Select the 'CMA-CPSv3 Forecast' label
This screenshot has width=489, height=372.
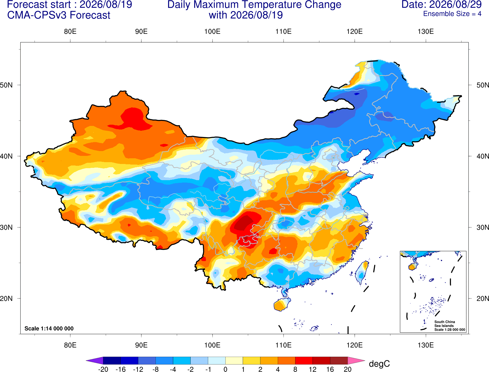[59, 15]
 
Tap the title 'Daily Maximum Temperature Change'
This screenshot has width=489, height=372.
[254, 4]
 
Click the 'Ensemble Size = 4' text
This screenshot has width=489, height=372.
[452, 14]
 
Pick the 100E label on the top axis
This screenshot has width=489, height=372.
[212, 31]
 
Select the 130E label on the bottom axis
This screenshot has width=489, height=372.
[426, 345]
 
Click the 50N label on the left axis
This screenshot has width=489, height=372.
[6, 85]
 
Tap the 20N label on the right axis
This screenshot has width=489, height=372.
[483, 299]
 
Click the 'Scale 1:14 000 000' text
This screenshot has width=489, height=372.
[49, 328]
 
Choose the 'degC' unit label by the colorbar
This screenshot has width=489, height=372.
[379, 364]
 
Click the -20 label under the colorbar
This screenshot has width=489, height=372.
[103, 369]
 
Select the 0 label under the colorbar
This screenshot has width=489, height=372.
[225, 369]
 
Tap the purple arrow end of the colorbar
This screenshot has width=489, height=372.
[94, 360]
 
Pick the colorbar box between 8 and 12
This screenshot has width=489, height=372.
[304, 360]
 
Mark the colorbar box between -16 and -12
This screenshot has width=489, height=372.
[129, 360]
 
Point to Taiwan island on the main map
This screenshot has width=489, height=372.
[362, 272]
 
